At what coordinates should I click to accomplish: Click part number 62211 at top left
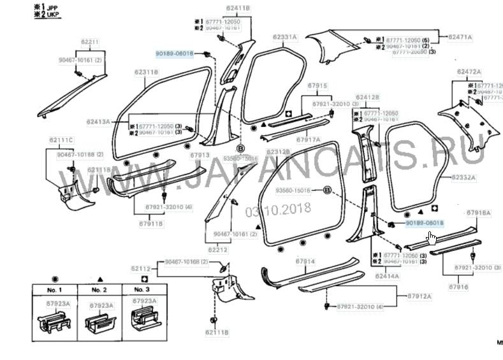pyautogui.click(x=90, y=42)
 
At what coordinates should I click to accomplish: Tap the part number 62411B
pyautogui.click(x=238, y=8)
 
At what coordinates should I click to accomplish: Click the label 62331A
pyautogui.click(x=285, y=38)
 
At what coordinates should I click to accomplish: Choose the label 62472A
pyautogui.click(x=469, y=72)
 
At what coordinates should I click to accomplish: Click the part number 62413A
pyautogui.click(x=99, y=120)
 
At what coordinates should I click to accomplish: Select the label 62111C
pyautogui.click(x=61, y=140)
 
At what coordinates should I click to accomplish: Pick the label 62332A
pyautogui.click(x=463, y=176)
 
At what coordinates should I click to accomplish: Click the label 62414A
pyautogui.click(x=387, y=276)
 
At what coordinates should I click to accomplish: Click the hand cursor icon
pyautogui.click(x=432, y=238)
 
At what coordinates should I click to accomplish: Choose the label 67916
pyautogui.click(x=458, y=287)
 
